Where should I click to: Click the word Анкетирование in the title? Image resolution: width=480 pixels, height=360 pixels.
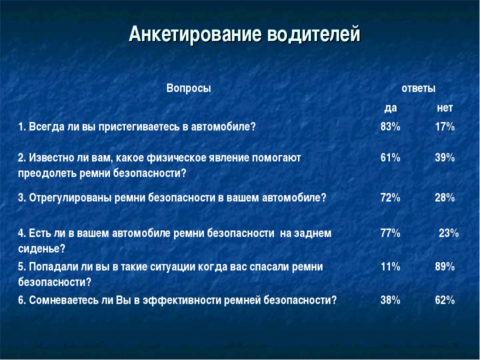(195, 34)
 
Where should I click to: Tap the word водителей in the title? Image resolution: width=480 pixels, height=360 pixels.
(314, 34)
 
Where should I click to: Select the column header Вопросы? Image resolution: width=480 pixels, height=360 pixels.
(188, 88)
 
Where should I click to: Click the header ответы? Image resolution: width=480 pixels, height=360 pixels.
(418, 88)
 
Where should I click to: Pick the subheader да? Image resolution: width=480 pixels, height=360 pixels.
(390, 108)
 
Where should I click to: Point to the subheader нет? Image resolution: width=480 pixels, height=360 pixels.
(445, 108)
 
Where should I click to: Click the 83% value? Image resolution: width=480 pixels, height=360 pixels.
(390, 126)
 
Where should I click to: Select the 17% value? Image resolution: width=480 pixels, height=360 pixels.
(445, 126)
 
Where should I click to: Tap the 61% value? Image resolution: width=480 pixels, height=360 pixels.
(390, 157)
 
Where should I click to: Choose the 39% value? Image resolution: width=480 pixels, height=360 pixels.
(445, 157)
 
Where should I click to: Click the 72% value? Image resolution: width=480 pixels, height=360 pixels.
(390, 198)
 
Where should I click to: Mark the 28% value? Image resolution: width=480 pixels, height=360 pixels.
(445, 198)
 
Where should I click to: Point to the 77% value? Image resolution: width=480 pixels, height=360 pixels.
(390, 233)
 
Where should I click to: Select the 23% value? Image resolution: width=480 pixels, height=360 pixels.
(449, 233)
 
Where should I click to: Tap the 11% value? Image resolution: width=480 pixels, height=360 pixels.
(390, 266)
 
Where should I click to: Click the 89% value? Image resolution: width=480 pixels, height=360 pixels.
(445, 266)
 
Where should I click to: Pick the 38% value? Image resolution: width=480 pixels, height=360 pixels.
(390, 300)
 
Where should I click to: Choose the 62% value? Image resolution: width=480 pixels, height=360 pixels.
(445, 300)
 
